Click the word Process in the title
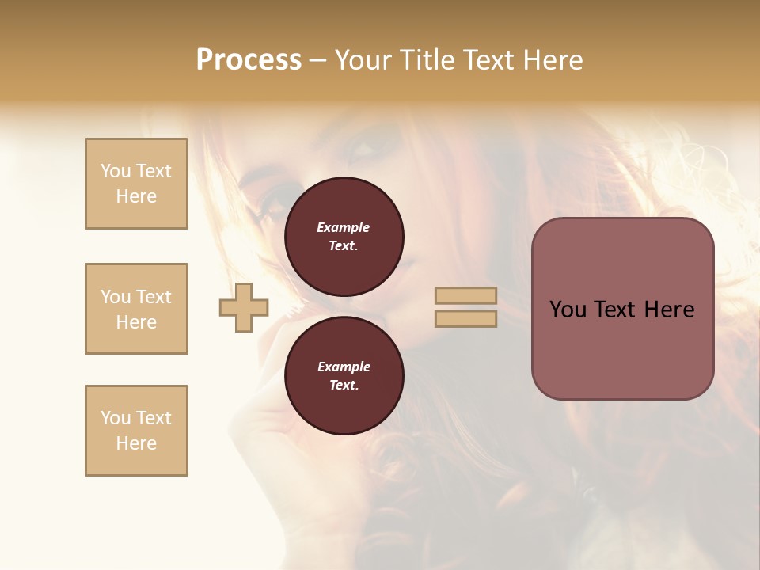click(x=249, y=59)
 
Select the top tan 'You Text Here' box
click(x=136, y=184)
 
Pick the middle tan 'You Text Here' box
click(x=136, y=309)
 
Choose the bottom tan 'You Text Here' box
click(x=136, y=431)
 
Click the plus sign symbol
click(x=244, y=307)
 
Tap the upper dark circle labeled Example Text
click(x=344, y=237)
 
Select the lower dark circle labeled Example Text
click(x=344, y=376)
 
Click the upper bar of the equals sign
click(x=465, y=296)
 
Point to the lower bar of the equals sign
click(x=465, y=318)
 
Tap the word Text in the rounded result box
click(x=616, y=310)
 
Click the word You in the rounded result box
click(x=568, y=310)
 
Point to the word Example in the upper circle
click(x=344, y=227)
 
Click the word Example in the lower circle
click(x=344, y=367)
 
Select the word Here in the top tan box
click(x=136, y=196)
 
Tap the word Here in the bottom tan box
click(x=136, y=443)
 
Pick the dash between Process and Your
click(x=318, y=60)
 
